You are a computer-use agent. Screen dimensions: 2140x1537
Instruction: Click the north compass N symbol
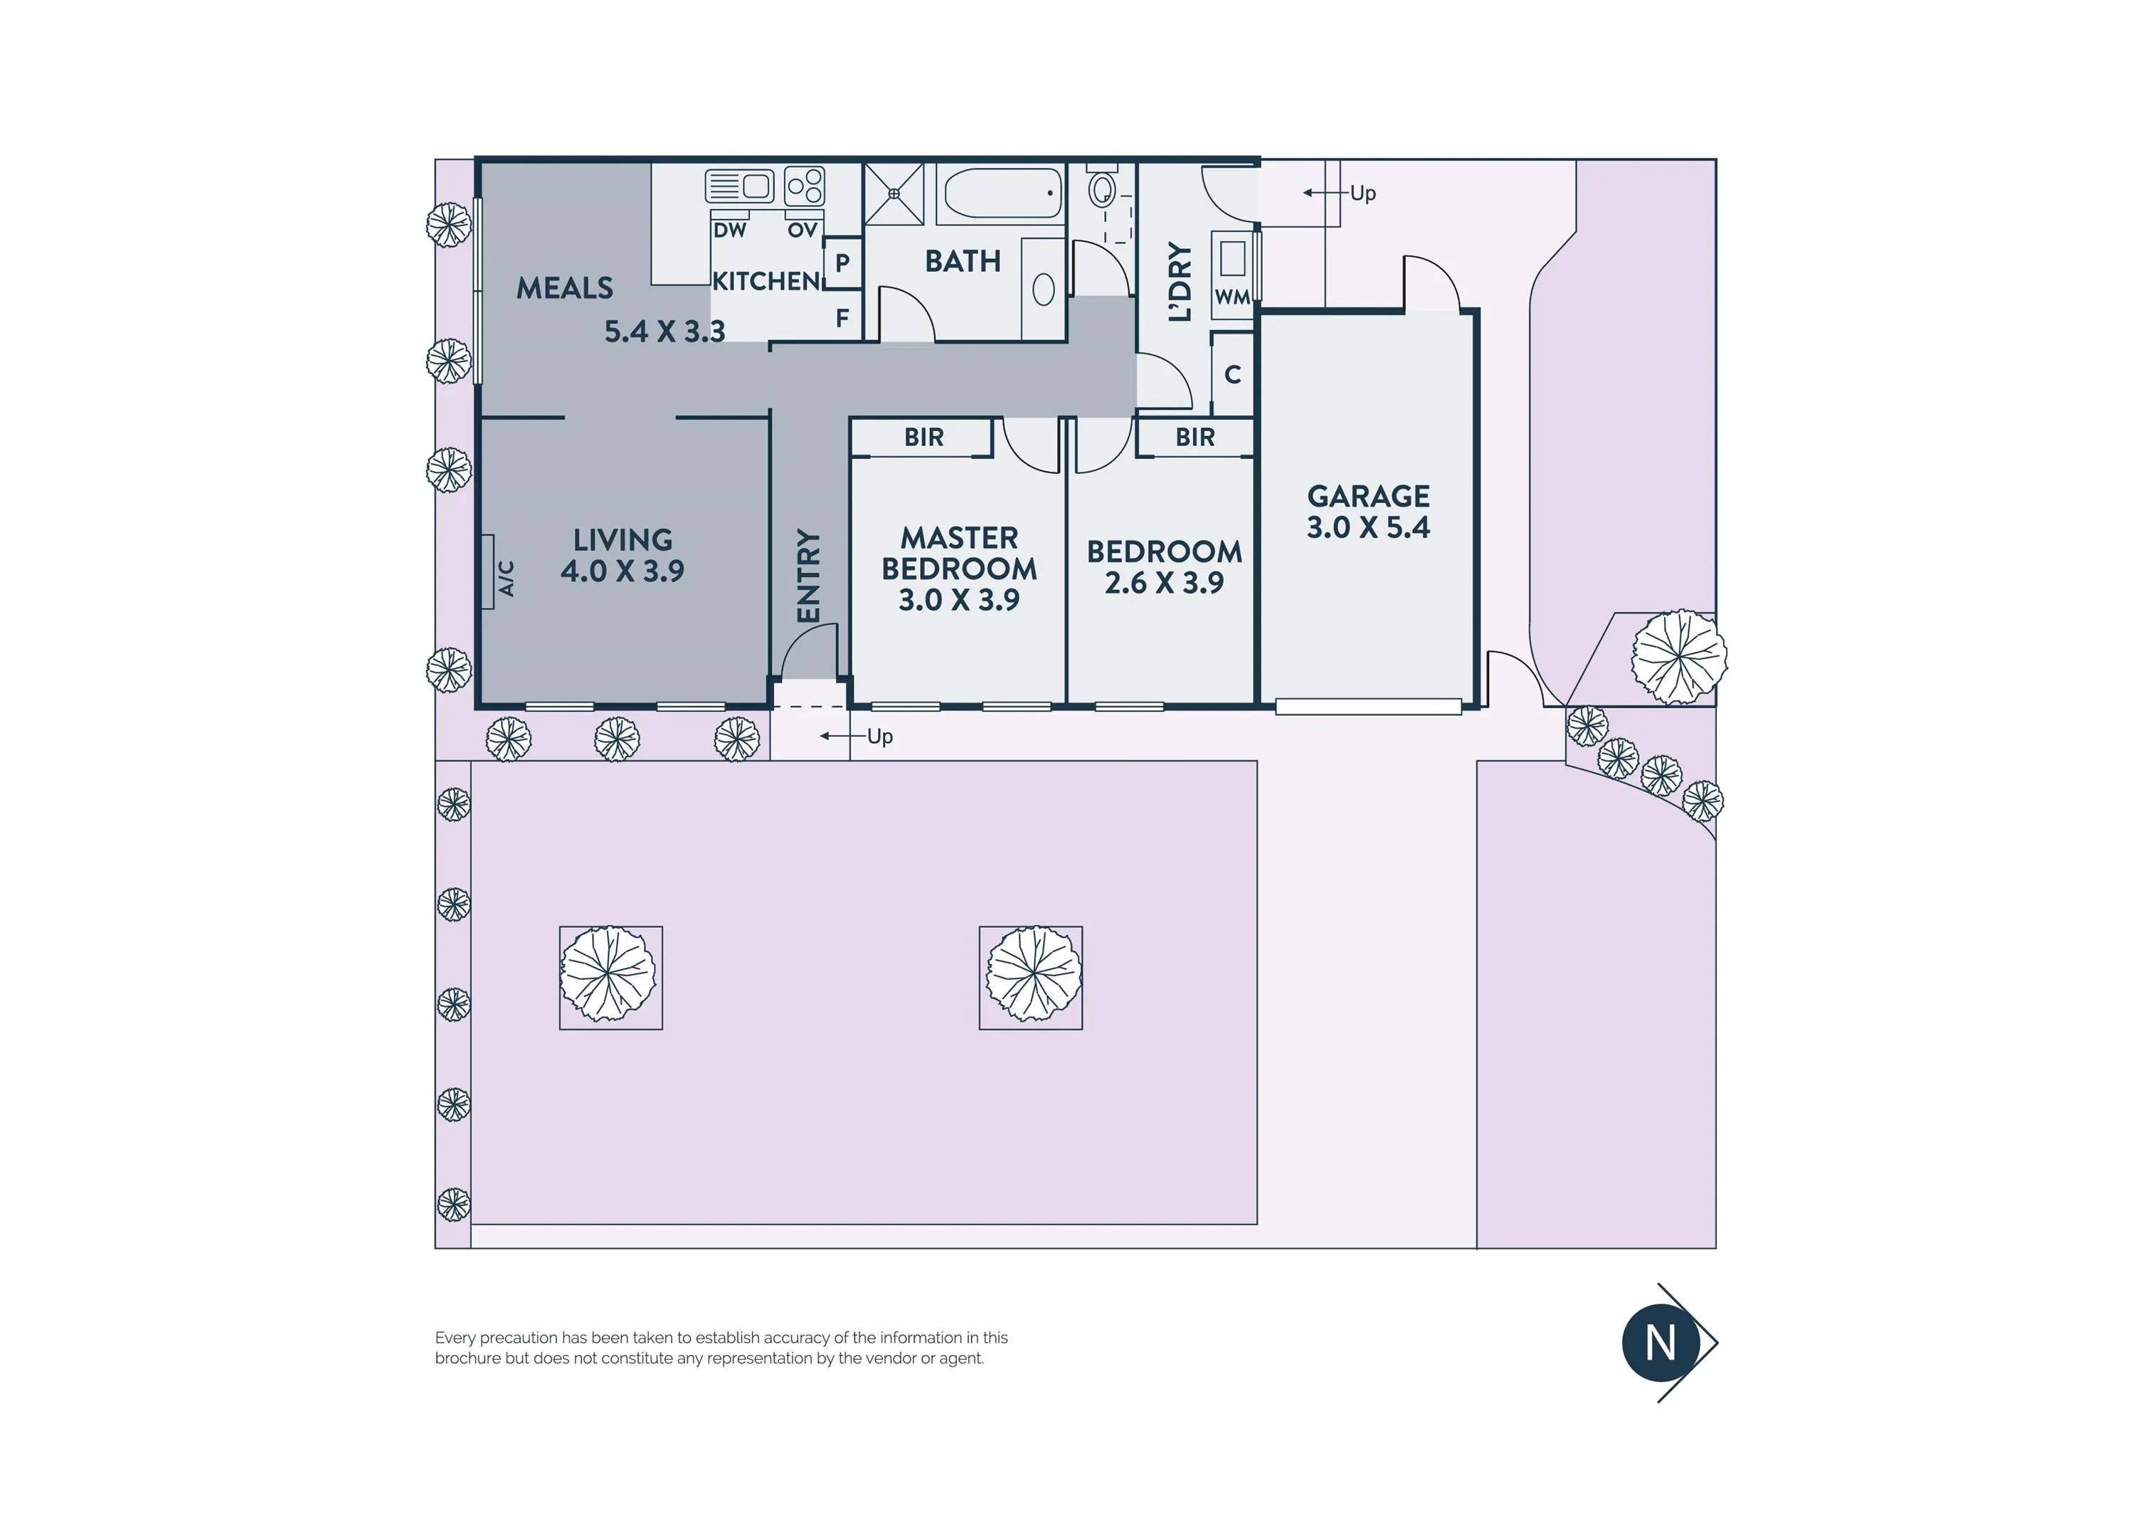pos(1660,1343)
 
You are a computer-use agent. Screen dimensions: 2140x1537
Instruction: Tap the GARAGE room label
pos(1368,496)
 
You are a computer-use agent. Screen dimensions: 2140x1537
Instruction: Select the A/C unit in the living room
pos(488,572)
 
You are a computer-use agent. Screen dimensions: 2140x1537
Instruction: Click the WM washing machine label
pos(1232,297)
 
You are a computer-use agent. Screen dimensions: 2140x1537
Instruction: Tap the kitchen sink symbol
pos(740,185)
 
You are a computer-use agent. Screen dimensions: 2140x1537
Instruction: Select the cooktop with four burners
pos(805,186)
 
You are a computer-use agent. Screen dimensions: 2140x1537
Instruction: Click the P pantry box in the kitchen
pos(842,263)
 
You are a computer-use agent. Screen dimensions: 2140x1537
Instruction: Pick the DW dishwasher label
pos(729,231)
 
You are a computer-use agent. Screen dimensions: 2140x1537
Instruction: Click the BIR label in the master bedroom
pos(923,437)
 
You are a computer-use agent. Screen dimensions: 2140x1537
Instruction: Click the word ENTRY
pos(809,576)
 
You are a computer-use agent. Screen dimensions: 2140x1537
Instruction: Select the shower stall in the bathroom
pos(894,194)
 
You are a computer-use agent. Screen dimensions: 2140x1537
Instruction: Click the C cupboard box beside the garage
pos(1232,374)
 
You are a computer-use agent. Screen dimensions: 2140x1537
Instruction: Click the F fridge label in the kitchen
pos(842,319)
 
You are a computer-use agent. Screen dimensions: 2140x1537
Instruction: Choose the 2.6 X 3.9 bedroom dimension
pos(1165,583)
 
